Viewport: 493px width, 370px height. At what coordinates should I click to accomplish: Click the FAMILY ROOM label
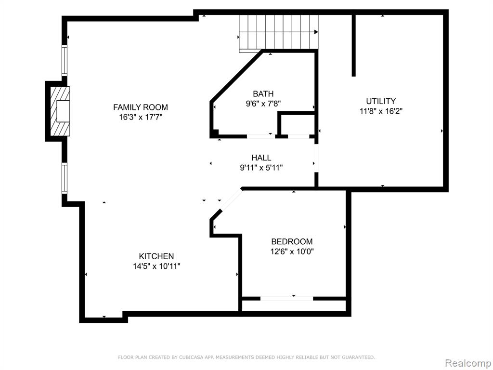141,107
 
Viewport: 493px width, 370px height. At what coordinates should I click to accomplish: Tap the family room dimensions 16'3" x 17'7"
141,118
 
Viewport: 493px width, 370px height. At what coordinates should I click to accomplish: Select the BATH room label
263,93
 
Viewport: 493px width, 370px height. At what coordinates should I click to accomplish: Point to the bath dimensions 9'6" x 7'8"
263,104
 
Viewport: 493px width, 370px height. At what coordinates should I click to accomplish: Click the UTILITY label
381,101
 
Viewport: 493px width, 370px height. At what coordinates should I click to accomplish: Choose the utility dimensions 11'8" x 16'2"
381,111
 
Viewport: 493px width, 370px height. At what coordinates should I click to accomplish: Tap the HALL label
261,158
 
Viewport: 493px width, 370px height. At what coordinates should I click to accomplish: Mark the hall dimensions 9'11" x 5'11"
261,168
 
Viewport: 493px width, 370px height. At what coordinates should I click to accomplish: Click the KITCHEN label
156,256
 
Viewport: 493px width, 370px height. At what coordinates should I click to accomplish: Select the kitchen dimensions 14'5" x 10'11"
156,266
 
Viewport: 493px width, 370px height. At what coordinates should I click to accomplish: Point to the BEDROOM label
292,241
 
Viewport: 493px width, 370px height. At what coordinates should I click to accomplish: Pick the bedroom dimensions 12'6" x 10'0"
292,251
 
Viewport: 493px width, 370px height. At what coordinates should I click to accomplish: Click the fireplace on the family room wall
58,111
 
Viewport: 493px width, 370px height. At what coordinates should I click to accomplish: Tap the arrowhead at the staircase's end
316,32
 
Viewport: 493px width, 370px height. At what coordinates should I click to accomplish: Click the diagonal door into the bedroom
232,199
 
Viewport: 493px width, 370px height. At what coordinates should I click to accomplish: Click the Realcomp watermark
468,363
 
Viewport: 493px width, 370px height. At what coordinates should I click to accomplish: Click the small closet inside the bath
297,124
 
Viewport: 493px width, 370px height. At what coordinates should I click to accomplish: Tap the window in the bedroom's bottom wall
287,299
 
